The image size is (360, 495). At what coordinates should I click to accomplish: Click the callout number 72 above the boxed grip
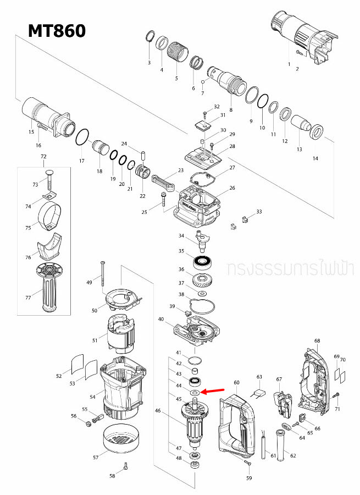click(x=44, y=157)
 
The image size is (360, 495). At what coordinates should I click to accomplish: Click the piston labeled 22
click(x=143, y=172)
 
